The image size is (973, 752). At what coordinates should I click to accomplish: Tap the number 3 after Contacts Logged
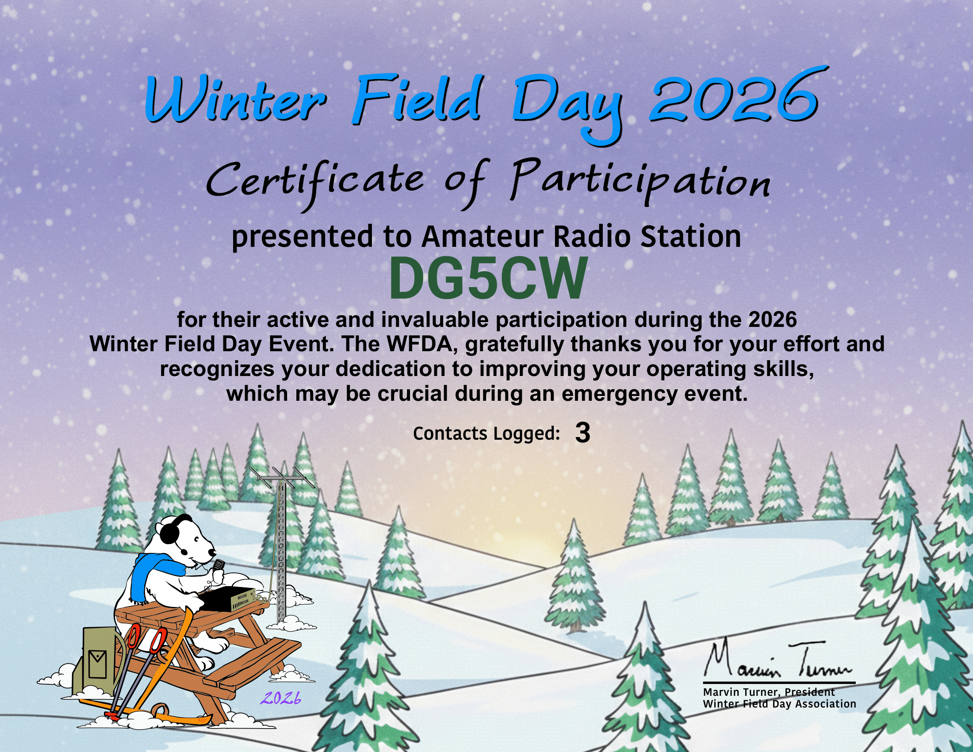click(x=582, y=433)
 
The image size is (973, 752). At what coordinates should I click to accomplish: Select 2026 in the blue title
click(x=733, y=99)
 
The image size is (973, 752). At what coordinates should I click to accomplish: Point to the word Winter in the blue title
click(x=235, y=100)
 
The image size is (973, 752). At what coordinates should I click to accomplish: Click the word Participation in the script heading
click(x=640, y=182)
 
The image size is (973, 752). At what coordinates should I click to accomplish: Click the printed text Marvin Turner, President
click(x=769, y=692)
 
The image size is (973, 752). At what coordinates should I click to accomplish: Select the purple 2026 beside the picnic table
click(x=281, y=698)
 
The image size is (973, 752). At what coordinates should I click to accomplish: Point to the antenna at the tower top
click(x=282, y=478)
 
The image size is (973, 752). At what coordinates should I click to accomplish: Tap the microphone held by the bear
click(x=219, y=566)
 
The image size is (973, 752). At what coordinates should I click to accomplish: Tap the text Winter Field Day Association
click(x=779, y=704)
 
